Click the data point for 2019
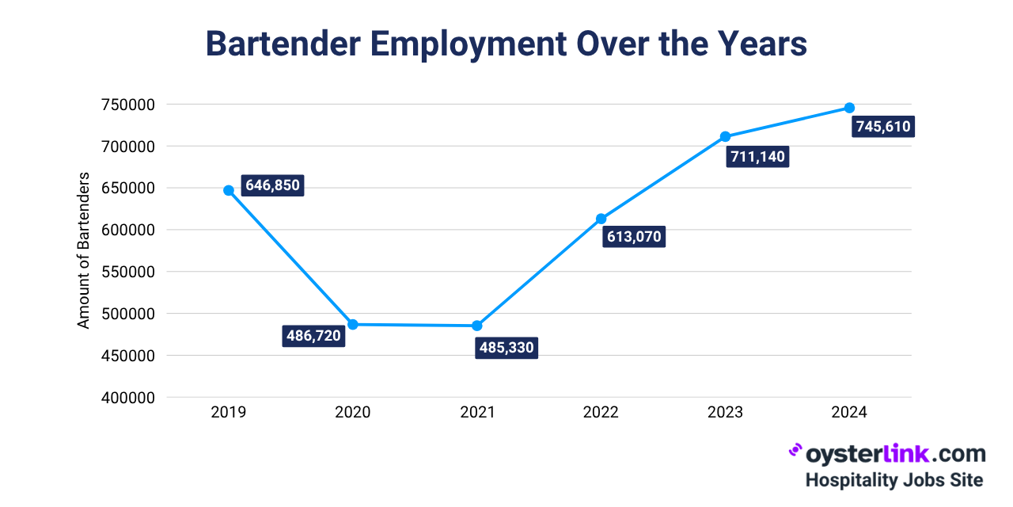click(229, 190)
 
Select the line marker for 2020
click(353, 324)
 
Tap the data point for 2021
click(477, 326)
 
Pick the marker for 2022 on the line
click(601, 219)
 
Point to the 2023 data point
click(725, 136)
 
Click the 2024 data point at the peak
click(849, 108)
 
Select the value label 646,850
click(272, 186)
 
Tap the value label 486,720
click(313, 336)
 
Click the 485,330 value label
click(506, 349)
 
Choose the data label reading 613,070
click(633, 237)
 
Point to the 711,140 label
click(757, 157)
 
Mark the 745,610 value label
click(883, 127)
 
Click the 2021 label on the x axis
click(477, 413)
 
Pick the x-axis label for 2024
click(849, 413)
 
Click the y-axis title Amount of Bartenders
click(84, 250)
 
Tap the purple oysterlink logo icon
click(795, 451)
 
